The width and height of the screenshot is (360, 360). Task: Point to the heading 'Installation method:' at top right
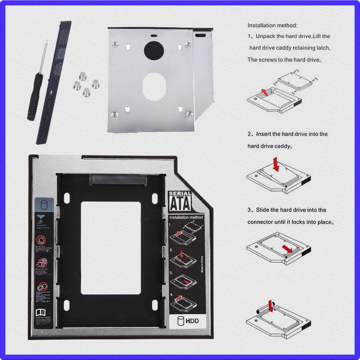(x=272, y=26)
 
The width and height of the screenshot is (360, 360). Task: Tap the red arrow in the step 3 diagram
(x=287, y=249)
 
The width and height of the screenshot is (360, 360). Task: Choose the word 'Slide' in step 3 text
(x=263, y=210)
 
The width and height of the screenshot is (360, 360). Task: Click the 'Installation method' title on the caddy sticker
(x=186, y=218)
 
